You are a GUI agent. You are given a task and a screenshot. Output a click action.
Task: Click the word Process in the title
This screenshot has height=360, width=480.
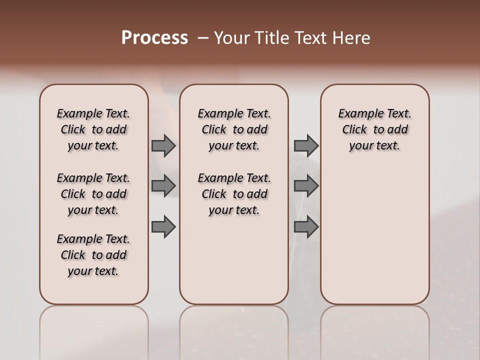[x=154, y=38]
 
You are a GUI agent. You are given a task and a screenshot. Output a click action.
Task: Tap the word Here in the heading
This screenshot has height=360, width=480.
[x=352, y=38]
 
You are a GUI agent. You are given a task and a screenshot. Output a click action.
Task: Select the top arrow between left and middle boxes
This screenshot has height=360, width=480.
[x=163, y=146]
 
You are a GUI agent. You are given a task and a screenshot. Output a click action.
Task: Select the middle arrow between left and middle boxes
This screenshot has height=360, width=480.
[x=163, y=186]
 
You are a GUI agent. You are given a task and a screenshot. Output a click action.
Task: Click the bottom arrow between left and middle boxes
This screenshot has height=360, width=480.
[x=163, y=227]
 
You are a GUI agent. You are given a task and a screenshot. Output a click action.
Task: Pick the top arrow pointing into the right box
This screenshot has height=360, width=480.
[x=306, y=146]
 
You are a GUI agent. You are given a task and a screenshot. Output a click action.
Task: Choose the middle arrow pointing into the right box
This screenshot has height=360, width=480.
[x=306, y=186]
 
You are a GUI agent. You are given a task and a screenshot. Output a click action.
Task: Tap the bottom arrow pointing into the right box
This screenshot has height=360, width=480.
[x=306, y=227]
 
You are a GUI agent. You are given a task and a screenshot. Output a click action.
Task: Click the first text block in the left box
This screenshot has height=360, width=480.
[x=93, y=129]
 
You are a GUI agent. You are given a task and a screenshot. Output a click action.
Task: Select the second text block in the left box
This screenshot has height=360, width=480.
[x=93, y=194]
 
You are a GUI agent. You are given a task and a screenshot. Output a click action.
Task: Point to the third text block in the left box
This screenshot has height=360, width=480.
[x=93, y=255]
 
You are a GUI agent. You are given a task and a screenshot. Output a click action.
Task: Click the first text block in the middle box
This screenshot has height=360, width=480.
[x=234, y=129]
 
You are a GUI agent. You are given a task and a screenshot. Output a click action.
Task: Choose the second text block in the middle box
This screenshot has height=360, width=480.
[x=234, y=194]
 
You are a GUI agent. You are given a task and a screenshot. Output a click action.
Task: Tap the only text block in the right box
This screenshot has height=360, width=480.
[x=374, y=129]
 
